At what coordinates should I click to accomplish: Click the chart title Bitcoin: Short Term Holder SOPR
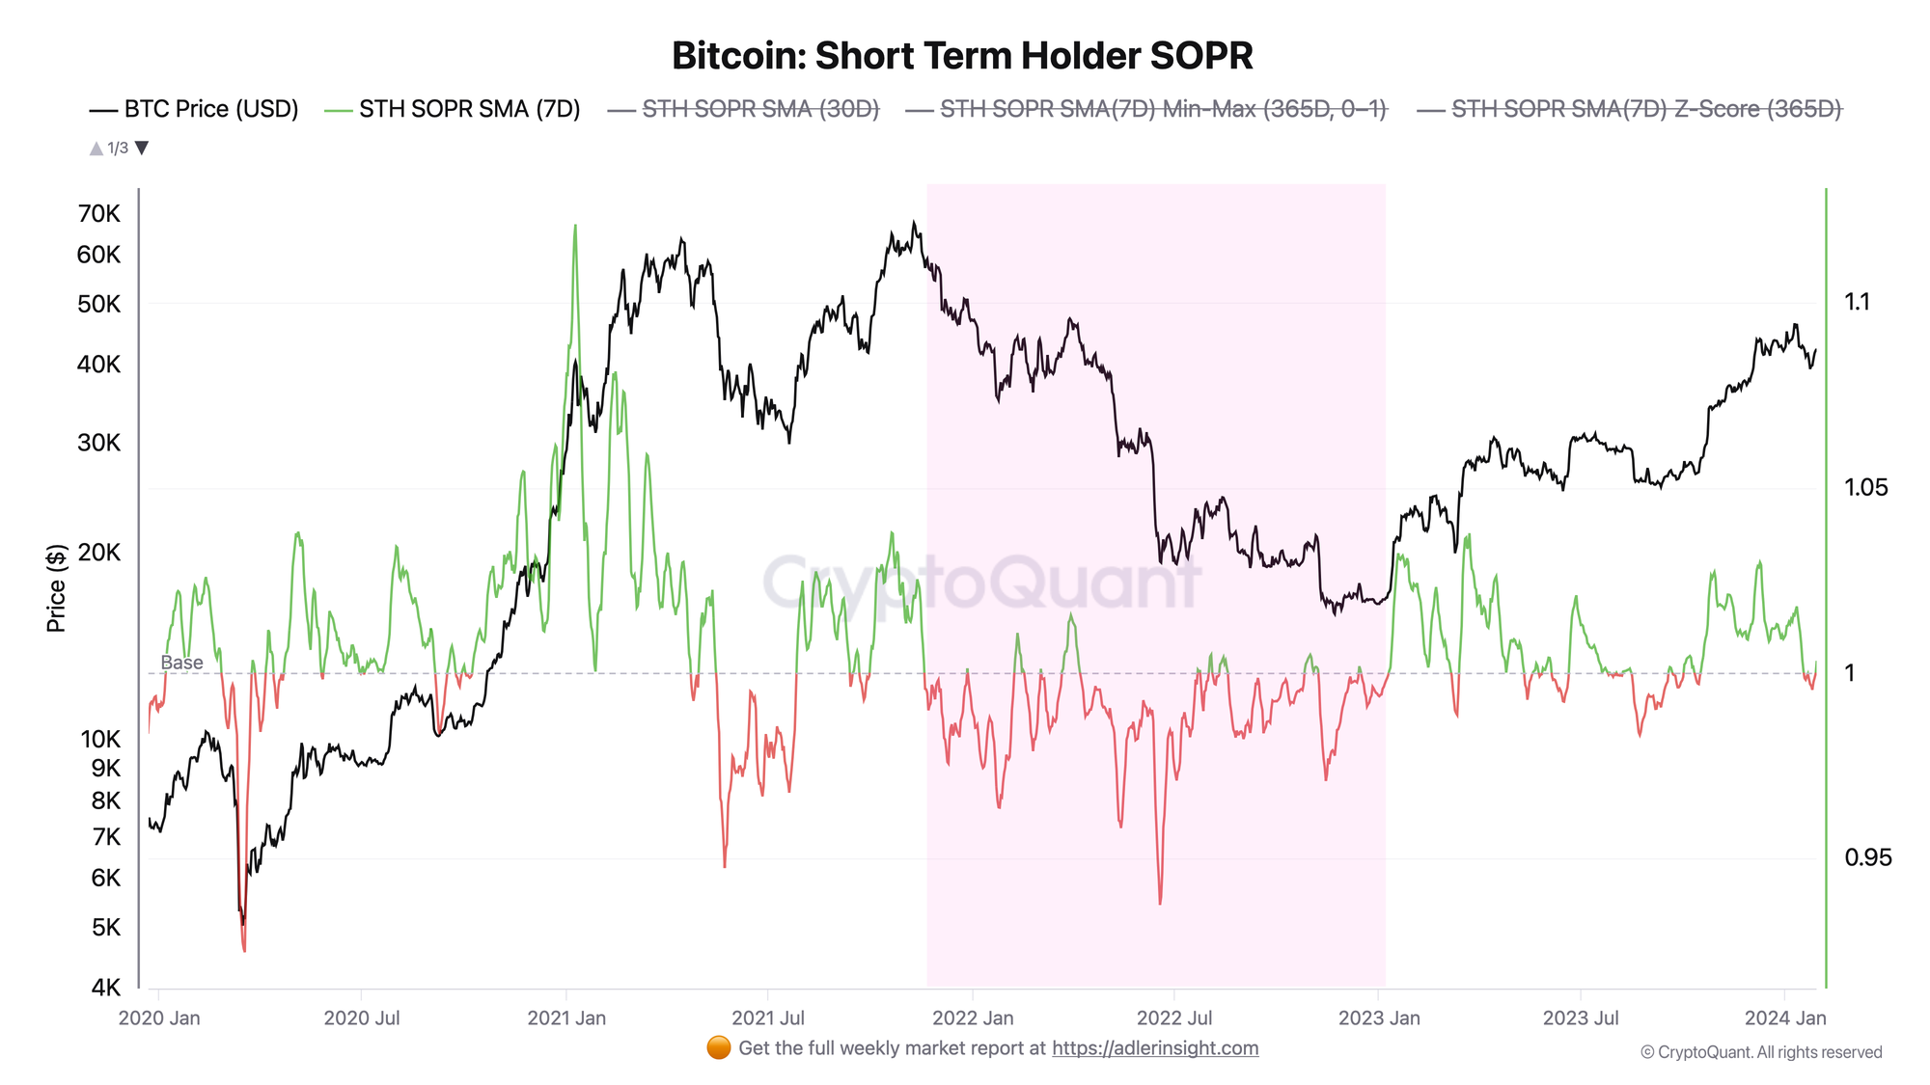pyautogui.click(x=962, y=56)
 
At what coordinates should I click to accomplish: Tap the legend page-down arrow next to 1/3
pyautogui.click(x=142, y=149)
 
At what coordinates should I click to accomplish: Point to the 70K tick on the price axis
pyautogui.click(x=99, y=214)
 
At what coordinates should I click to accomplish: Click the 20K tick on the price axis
pyautogui.click(x=99, y=553)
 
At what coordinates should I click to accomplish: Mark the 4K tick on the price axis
pyautogui.click(x=106, y=988)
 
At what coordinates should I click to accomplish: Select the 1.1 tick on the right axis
pyautogui.click(x=1858, y=302)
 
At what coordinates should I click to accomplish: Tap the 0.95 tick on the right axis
pyautogui.click(x=1868, y=857)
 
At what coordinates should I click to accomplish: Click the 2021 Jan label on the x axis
pyautogui.click(x=566, y=1018)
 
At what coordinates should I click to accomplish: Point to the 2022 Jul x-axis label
pyautogui.click(x=1174, y=1018)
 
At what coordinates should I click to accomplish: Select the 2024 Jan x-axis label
pyautogui.click(x=1785, y=1018)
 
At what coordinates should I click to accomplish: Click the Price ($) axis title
pyautogui.click(x=57, y=588)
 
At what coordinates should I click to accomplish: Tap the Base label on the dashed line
pyautogui.click(x=181, y=663)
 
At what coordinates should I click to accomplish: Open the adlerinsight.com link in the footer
pyautogui.click(x=1155, y=1048)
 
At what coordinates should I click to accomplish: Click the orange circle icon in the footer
pyautogui.click(x=719, y=1048)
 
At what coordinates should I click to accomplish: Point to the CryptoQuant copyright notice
pyautogui.click(x=1761, y=1052)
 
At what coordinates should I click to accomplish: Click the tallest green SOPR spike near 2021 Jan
pyautogui.click(x=575, y=228)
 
